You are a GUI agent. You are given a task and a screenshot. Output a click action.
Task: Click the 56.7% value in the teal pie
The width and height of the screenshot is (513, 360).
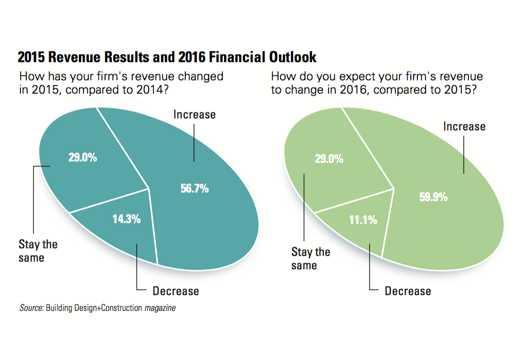coord(194,189)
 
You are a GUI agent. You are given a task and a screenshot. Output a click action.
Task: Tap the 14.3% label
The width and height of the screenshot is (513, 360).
coord(127,219)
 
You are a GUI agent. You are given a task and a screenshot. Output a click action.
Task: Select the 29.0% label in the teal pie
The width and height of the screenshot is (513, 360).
coord(83,158)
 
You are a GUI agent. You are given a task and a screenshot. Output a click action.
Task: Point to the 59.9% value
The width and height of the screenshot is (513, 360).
coord(433,197)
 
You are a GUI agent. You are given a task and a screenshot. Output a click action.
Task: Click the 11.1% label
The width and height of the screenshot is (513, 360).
coord(363,220)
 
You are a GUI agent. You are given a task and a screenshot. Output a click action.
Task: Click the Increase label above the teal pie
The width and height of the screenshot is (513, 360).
coord(194,115)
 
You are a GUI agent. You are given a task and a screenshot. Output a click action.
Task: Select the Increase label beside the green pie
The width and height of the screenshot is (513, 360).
coord(464,127)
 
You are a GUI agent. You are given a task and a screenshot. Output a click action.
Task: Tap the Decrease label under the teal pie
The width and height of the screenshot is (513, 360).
coord(176,291)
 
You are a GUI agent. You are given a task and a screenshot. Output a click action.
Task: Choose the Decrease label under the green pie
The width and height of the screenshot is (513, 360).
coord(408,291)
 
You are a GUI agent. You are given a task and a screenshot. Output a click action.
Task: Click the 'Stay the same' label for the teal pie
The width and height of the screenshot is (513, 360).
coord(38,251)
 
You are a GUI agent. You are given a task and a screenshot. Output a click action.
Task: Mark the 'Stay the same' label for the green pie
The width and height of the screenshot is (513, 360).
coord(310,258)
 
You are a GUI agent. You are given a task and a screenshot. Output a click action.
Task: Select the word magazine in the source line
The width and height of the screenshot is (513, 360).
coord(160,308)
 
